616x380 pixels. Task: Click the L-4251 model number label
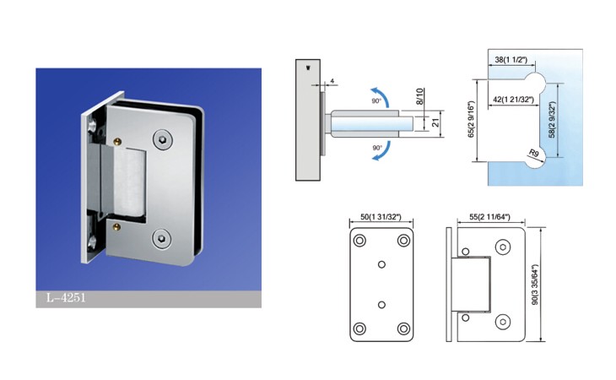66,298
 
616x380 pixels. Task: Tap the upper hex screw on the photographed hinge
162,139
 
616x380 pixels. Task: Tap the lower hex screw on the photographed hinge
161,238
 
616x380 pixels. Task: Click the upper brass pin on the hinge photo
116,142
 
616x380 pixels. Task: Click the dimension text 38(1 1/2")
511,60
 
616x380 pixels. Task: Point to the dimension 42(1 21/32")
513,100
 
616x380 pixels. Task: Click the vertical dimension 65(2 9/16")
471,119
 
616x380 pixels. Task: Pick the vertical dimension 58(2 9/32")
552,119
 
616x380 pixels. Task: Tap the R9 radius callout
533,153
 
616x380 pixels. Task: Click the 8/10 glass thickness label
419,96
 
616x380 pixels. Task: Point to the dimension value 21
435,123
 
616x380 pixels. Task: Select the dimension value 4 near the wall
332,81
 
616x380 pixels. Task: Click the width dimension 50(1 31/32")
381,216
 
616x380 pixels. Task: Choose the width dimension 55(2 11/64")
489,216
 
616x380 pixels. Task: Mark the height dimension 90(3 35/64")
534,285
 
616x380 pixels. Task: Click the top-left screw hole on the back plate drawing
359,241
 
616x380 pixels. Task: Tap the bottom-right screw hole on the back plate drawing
403,328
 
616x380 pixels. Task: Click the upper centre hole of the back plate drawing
381,264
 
